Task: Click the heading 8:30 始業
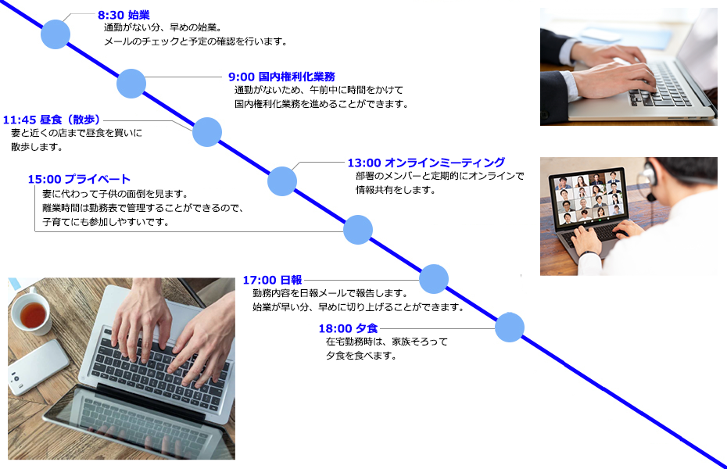click(124, 16)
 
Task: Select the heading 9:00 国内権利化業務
click(281, 77)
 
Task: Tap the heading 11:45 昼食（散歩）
click(52, 120)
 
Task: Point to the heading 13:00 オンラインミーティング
click(426, 163)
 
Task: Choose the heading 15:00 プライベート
click(79, 179)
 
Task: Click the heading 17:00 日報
click(272, 280)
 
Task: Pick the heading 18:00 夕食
click(348, 328)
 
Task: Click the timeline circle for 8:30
click(56, 34)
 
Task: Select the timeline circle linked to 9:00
click(131, 84)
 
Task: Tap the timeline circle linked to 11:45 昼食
click(207, 132)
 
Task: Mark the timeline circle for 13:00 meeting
click(282, 181)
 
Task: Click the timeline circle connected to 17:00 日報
click(434, 279)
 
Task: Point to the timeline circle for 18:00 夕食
click(510, 328)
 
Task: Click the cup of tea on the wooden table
click(30, 313)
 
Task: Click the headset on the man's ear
click(648, 178)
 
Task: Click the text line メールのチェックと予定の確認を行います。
click(195, 41)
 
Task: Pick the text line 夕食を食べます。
click(360, 356)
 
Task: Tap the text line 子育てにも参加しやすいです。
click(106, 222)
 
